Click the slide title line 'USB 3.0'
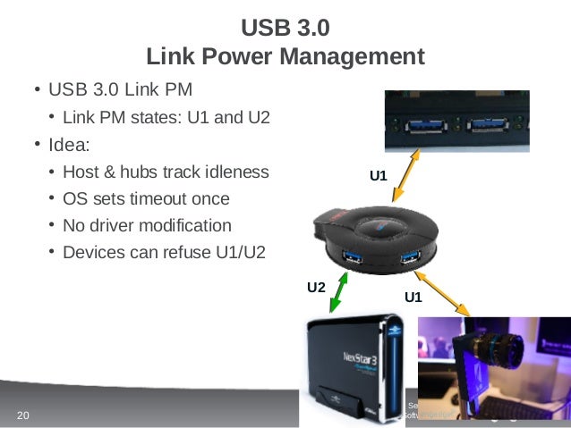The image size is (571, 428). click(285, 28)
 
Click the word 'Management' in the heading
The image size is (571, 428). click(355, 57)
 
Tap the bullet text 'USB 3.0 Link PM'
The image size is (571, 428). click(120, 90)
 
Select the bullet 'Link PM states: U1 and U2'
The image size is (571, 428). click(166, 118)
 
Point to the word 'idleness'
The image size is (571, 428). click(235, 172)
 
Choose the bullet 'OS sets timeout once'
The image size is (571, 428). click(146, 199)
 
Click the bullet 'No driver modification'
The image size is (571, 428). click(147, 226)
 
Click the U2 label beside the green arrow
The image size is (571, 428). click(316, 288)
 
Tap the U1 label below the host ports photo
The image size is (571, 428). click(379, 176)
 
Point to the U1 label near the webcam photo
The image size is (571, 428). click(413, 297)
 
